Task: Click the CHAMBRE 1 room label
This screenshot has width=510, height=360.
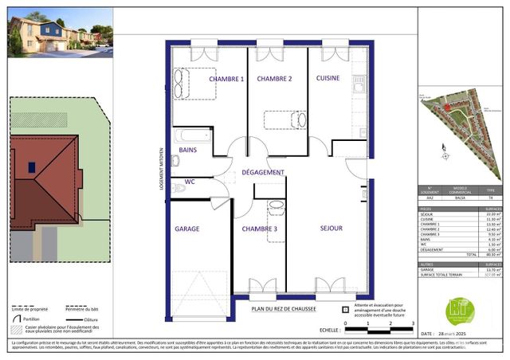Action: click(226, 79)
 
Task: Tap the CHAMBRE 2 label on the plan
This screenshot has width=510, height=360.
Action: click(274, 79)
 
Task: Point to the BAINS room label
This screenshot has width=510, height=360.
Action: click(188, 150)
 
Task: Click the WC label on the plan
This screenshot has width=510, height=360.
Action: click(190, 182)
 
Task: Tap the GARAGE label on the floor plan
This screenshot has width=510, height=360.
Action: click(186, 229)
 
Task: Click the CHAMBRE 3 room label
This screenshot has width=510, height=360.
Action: click(260, 229)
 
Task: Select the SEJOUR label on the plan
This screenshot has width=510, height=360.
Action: click(331, 228)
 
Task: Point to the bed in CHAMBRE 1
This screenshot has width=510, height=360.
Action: click(192, 82)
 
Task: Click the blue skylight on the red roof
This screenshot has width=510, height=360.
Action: click(31, 167)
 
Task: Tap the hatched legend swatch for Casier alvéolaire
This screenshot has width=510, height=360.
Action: click(14, 328)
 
